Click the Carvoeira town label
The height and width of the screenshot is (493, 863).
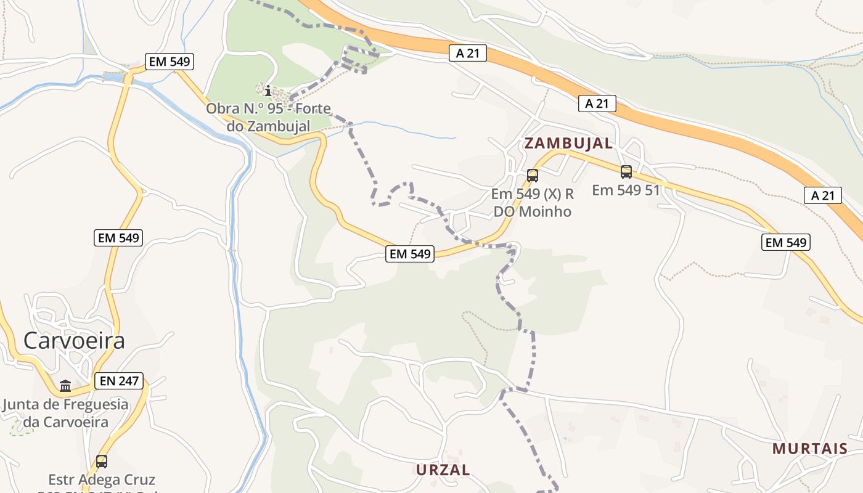tap(74, 340)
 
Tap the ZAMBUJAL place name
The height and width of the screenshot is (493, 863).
tap(568, 144)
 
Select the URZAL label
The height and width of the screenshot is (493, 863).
tap(443, 470)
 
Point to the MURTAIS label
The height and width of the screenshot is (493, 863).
tap(810, 448)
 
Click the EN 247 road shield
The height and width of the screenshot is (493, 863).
tap(120, 381)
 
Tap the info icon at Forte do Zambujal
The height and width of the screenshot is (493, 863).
tap(268, 92)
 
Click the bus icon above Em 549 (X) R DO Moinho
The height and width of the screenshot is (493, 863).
tap(533, 176)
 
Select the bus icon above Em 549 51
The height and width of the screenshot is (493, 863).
tap(626, 172)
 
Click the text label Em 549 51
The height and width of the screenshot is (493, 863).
tap(626, 190)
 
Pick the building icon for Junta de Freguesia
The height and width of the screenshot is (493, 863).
tap(65, 386)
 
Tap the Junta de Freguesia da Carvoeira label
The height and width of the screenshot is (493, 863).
tap(66, 414)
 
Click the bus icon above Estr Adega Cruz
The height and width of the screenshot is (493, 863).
tap(102, 461)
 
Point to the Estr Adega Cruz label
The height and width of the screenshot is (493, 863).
tap(102, 479)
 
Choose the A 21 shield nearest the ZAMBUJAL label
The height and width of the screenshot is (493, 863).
tap(597, 104)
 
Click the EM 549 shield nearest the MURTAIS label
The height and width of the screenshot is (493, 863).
tap(785, 242)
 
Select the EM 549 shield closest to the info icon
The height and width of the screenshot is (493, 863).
tap(170, 61)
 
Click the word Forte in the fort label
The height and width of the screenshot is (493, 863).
tap(313, 108)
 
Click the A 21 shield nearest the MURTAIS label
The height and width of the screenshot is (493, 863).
tap(823, 195)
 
